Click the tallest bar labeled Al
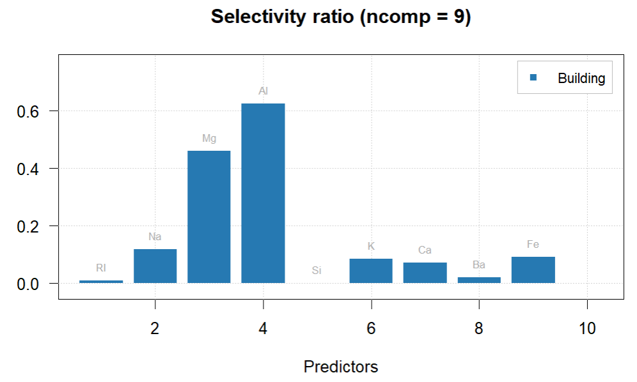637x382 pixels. tap(263, 193)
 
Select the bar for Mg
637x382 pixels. tap(208, 217)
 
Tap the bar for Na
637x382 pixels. tap(155, 266)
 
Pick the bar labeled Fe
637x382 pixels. tap(533, 270)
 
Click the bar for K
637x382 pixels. tap(371, 271)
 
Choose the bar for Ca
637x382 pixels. tap(425, 273)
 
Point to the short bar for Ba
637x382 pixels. tap(479, 280)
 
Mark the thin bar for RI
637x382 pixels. tap(101, 281)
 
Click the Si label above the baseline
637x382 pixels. tap(317, 271)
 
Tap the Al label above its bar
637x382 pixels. tap(263, 91)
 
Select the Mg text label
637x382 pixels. tap(208, 138)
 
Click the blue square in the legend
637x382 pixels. tap(533, 77)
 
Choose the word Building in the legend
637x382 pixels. tap(581, 78)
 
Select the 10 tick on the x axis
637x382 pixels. tap(586, 328)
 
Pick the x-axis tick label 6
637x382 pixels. tap(371, 328)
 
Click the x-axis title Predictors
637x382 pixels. tap(340, 367)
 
